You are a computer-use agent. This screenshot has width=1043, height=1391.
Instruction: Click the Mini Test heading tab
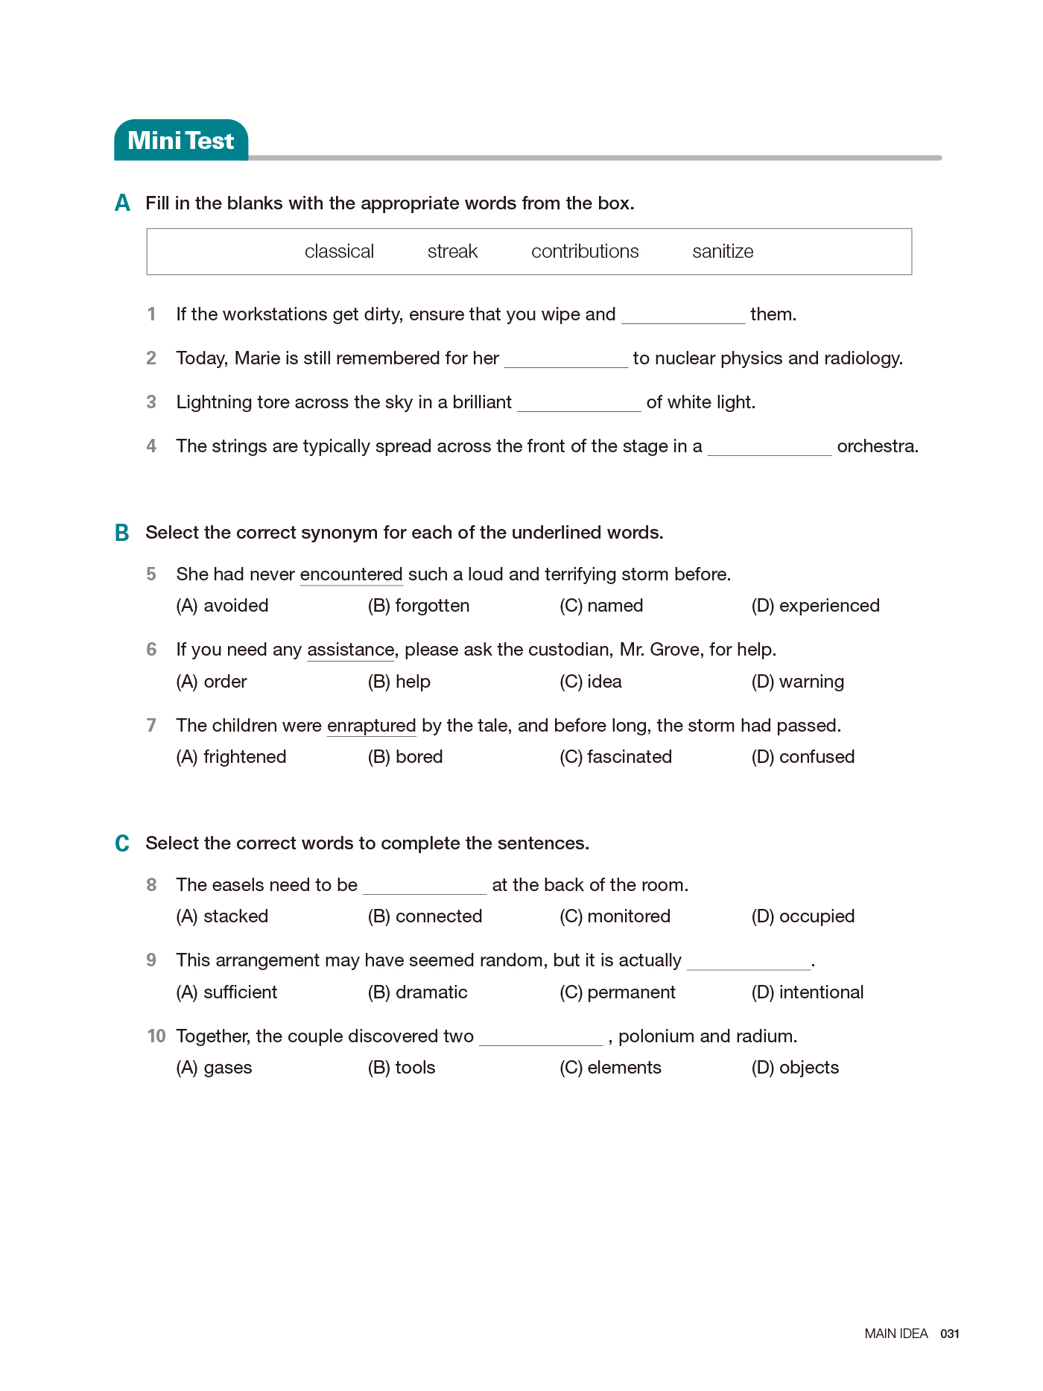click(x=181, y=140)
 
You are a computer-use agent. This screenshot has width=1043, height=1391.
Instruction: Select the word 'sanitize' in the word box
click(x=723, y=252)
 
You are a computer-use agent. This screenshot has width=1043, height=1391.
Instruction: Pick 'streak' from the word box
click(x=452, y=252)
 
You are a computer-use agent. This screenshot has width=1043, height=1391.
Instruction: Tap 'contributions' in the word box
click(x=585, y=252)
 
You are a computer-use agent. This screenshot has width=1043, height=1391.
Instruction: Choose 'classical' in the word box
click(x=339, y=252)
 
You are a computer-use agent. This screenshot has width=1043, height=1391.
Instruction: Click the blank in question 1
click(x=682, y=316)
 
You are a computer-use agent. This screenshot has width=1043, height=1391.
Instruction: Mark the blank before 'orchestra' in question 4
click(x=769, y=448)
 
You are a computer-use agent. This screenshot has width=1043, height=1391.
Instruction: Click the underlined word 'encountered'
click(x=351, y=574)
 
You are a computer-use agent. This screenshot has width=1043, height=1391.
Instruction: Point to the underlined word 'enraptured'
click(x=371, y=726)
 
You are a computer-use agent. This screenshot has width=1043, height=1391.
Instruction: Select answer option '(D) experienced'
click(x=815, y=606)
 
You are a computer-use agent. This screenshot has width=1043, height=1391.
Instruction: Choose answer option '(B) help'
click(x=399, y=682)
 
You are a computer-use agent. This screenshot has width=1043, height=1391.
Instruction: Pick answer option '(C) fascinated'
click(x=615, y=757)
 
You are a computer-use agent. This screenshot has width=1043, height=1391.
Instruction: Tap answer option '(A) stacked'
click(x=222, y=916)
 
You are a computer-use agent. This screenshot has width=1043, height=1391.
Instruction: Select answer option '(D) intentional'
click(x=808, y=992)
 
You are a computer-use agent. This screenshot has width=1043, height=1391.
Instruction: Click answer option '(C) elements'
click(x=610, y=1068)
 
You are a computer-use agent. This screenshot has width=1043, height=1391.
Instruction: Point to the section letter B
click(x=122, y=533)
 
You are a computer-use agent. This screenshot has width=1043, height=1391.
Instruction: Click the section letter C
click(x=122, y=843)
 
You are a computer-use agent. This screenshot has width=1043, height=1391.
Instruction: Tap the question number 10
click(x=156, y=1036)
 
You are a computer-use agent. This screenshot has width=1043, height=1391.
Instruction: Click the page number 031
click(x=950, y=1334)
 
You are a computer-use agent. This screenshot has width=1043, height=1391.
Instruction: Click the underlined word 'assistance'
click(x=350, y=650)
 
